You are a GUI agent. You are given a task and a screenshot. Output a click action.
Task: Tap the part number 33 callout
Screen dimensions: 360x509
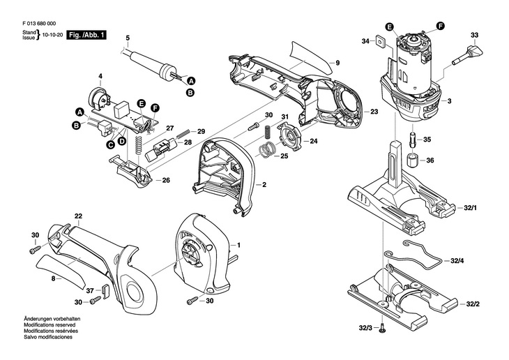click(474, 35)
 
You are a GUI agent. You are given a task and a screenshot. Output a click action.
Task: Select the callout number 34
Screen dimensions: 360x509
click(365, 42)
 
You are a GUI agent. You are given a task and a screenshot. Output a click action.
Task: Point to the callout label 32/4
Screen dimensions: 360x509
click(457, 261)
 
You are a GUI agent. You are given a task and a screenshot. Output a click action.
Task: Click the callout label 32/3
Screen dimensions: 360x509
click(364, 328)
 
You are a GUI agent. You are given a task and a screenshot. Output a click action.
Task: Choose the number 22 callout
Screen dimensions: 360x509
click(78, 216)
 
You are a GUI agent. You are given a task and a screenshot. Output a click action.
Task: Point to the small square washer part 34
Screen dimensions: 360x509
click(379, 41)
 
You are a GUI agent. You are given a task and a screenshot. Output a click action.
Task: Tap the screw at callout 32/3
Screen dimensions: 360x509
click(383, 327)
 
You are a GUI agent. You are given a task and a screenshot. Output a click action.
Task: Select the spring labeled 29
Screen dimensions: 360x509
click(183, 133)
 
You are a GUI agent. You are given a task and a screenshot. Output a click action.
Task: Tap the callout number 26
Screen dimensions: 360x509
click(165, 181)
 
